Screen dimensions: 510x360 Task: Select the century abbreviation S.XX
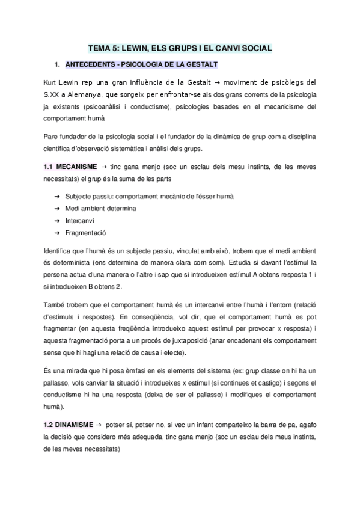53,95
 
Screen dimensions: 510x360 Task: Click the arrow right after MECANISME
103,165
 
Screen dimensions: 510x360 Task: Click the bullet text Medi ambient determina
100,209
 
